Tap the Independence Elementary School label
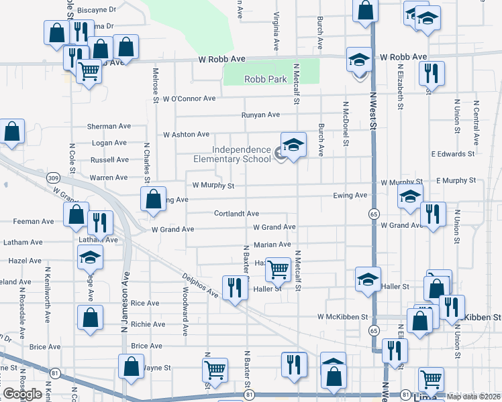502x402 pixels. click(232, 155)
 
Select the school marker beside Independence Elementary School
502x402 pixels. click(293, 146)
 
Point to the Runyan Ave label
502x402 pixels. click(260, 115)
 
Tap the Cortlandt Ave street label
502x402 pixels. click(236, 214)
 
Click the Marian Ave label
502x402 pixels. click(272, 245)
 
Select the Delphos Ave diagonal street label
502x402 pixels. click(201, 284)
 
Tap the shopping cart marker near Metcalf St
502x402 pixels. click(278, 270)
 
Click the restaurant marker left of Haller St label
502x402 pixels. click(234, 288)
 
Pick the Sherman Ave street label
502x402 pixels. click(109, 126)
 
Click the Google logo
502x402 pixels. click(22, 394)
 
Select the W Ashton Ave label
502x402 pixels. click(186, 135)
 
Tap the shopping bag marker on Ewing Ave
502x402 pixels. click(153, 200)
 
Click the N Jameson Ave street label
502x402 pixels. click(125, 285)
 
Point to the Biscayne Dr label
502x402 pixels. click(97, 10)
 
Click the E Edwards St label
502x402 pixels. click(453, 154)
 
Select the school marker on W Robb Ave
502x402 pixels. click(359, 60)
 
